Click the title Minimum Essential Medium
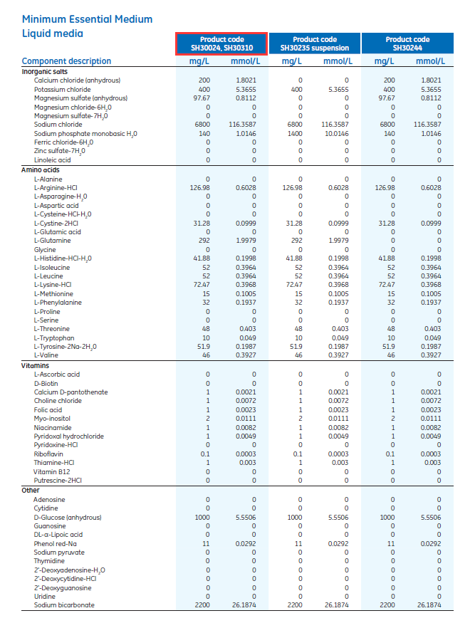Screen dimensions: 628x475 pos(87,19)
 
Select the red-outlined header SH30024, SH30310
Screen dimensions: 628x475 pos(222,43)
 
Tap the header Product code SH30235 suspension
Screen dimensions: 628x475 pos(314,43)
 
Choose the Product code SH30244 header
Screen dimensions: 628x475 pos(407,43)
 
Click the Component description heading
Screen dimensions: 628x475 pos(66,61)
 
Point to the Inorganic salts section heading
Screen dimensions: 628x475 pos(45,71)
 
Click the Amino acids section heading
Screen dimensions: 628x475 pos(41,169)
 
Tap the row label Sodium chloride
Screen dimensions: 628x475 pos(57,125)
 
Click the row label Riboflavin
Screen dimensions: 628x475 pos(48,454)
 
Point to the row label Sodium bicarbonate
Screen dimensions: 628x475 pos(64,605)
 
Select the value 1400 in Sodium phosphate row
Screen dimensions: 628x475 pos(300,133)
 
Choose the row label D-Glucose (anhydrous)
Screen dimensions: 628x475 pos(68,517)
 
